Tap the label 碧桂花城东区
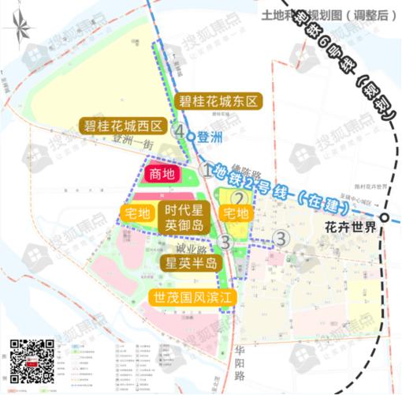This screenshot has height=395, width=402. point(218,101)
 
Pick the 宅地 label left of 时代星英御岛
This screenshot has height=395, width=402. point(137,213)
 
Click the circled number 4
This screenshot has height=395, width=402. point(181,130)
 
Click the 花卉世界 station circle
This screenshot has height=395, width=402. point(383,218)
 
